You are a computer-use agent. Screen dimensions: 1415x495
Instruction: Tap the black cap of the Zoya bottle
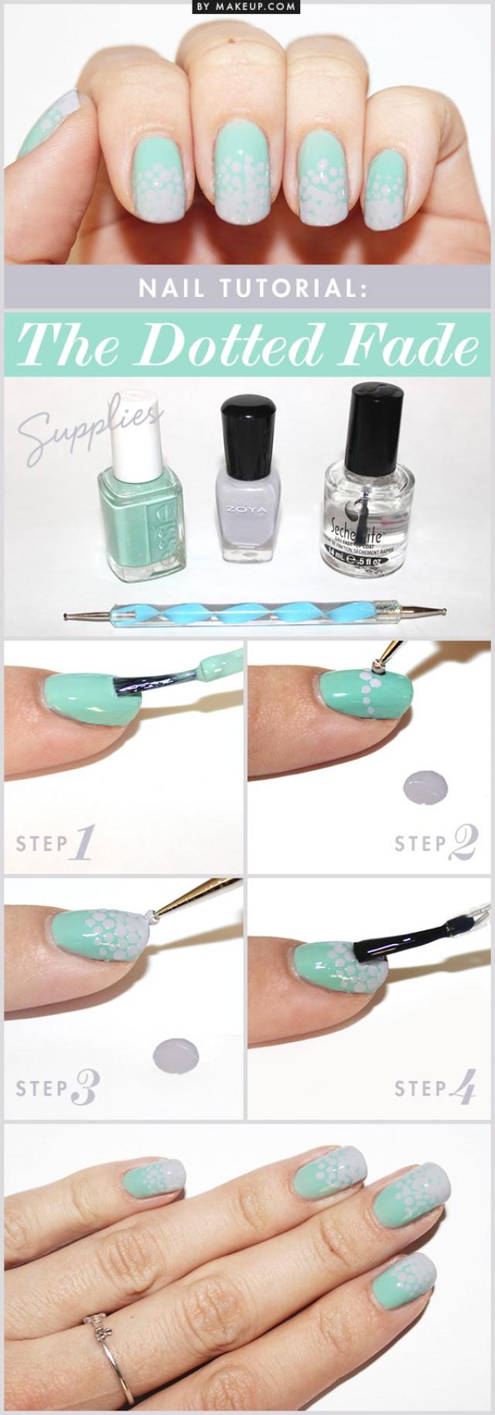click(249, 424)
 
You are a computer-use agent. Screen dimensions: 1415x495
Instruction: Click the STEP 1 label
click(54, 842)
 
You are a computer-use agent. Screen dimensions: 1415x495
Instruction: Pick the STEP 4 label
click(434, 1089)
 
